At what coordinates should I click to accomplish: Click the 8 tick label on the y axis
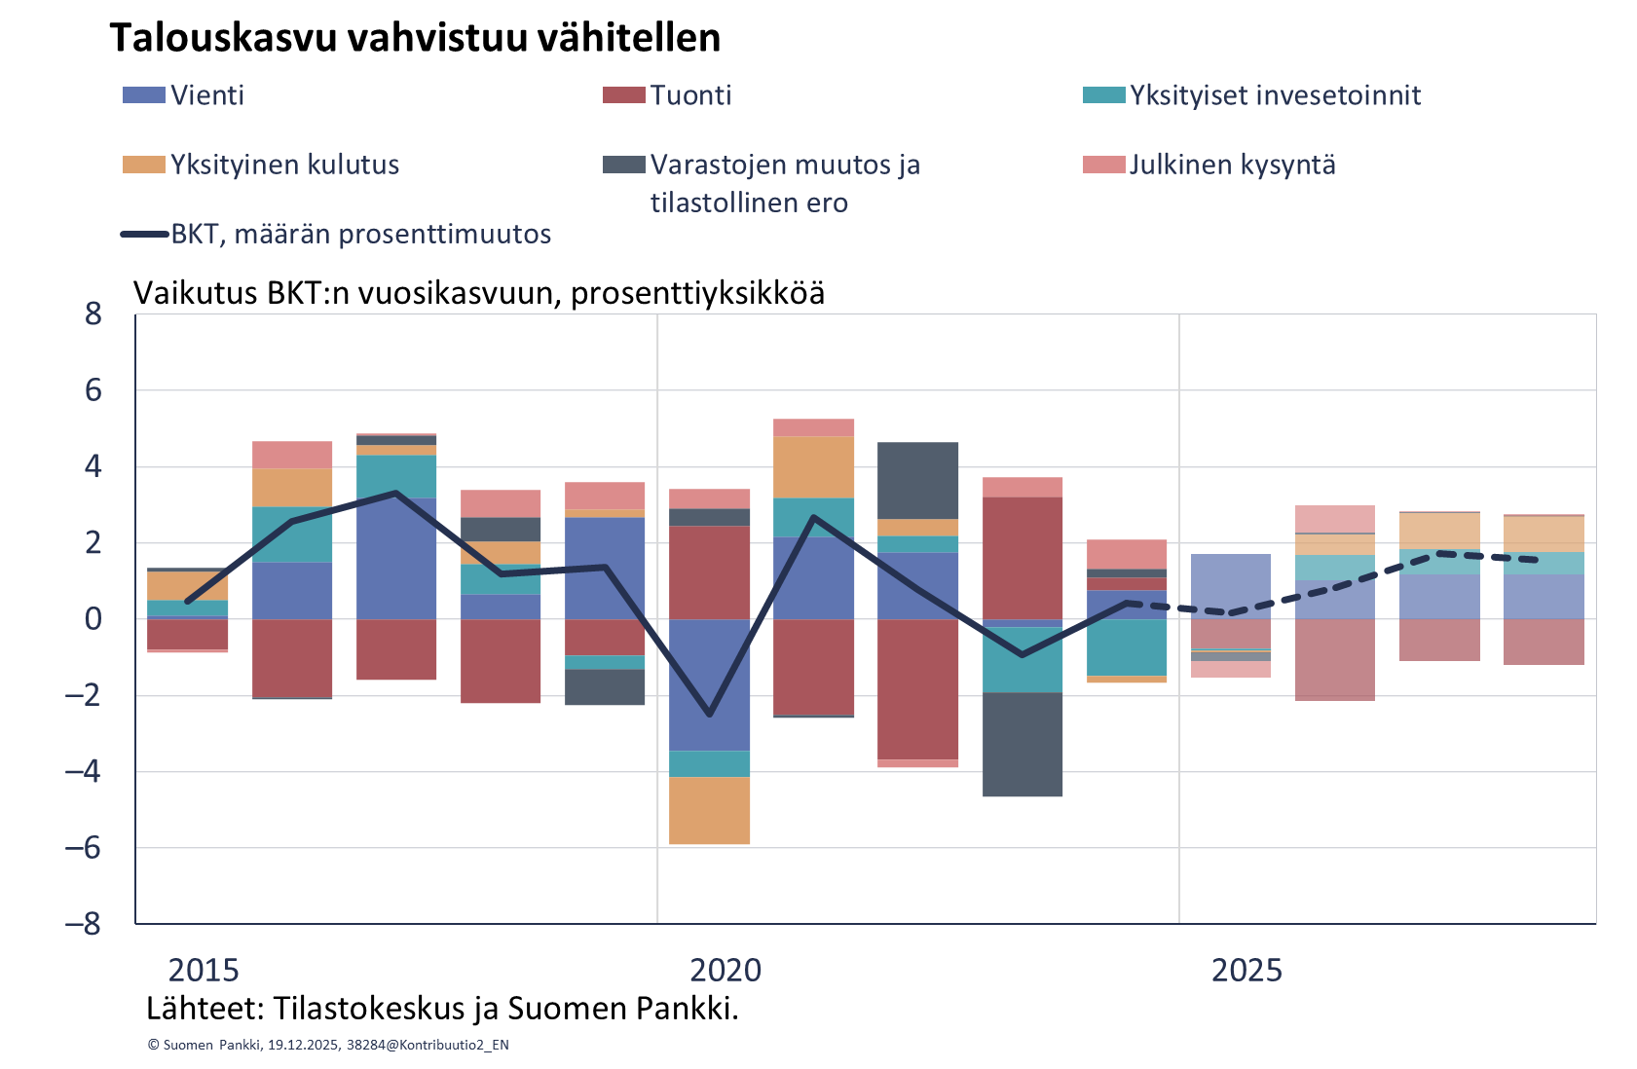(93, 314)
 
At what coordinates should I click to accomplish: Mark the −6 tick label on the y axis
(84, 848)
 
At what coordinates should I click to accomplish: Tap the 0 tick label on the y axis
(93, 619)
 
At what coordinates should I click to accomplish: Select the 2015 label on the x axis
(204, 971)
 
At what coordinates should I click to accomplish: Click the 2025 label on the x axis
(1246, 971)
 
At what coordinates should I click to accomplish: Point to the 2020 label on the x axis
(725, 971)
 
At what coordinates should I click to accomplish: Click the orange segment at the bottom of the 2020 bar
(710, 810)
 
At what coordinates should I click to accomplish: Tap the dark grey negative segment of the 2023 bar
(1023, 745)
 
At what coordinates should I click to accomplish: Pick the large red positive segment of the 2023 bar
(1023, 558)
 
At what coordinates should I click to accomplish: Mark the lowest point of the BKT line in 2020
(710, 715)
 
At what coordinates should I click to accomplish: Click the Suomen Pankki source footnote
(328, 1045)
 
